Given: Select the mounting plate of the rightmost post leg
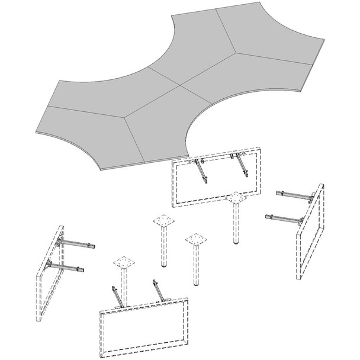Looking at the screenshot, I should tap(236, 198).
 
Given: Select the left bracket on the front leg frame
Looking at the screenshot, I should tap(118, 296).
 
